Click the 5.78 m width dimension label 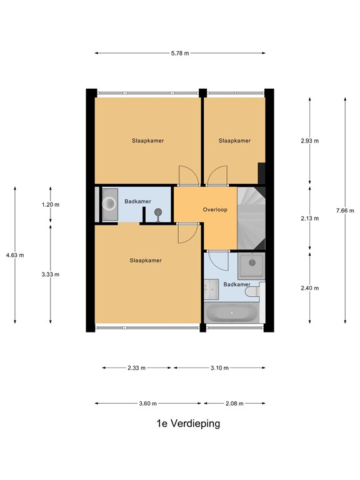(180, 53)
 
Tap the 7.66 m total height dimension (345, 211)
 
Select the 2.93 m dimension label (310, 141)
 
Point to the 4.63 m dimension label (15, 255)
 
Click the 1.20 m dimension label (51, 204)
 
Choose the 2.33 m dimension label (136, 367)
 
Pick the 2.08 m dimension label (234, 404)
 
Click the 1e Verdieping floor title (188, 424)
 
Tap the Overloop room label (215, 210)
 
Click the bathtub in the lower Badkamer (232, 313)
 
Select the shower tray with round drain (251, 266)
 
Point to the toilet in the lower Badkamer (254, 291)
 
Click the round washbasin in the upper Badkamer (109, 204)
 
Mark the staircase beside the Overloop (251, 218)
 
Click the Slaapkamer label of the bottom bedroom (146, 261)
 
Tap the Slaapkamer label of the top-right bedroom (234, 141)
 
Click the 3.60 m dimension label (148, 404)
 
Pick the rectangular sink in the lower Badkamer (211, 289)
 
